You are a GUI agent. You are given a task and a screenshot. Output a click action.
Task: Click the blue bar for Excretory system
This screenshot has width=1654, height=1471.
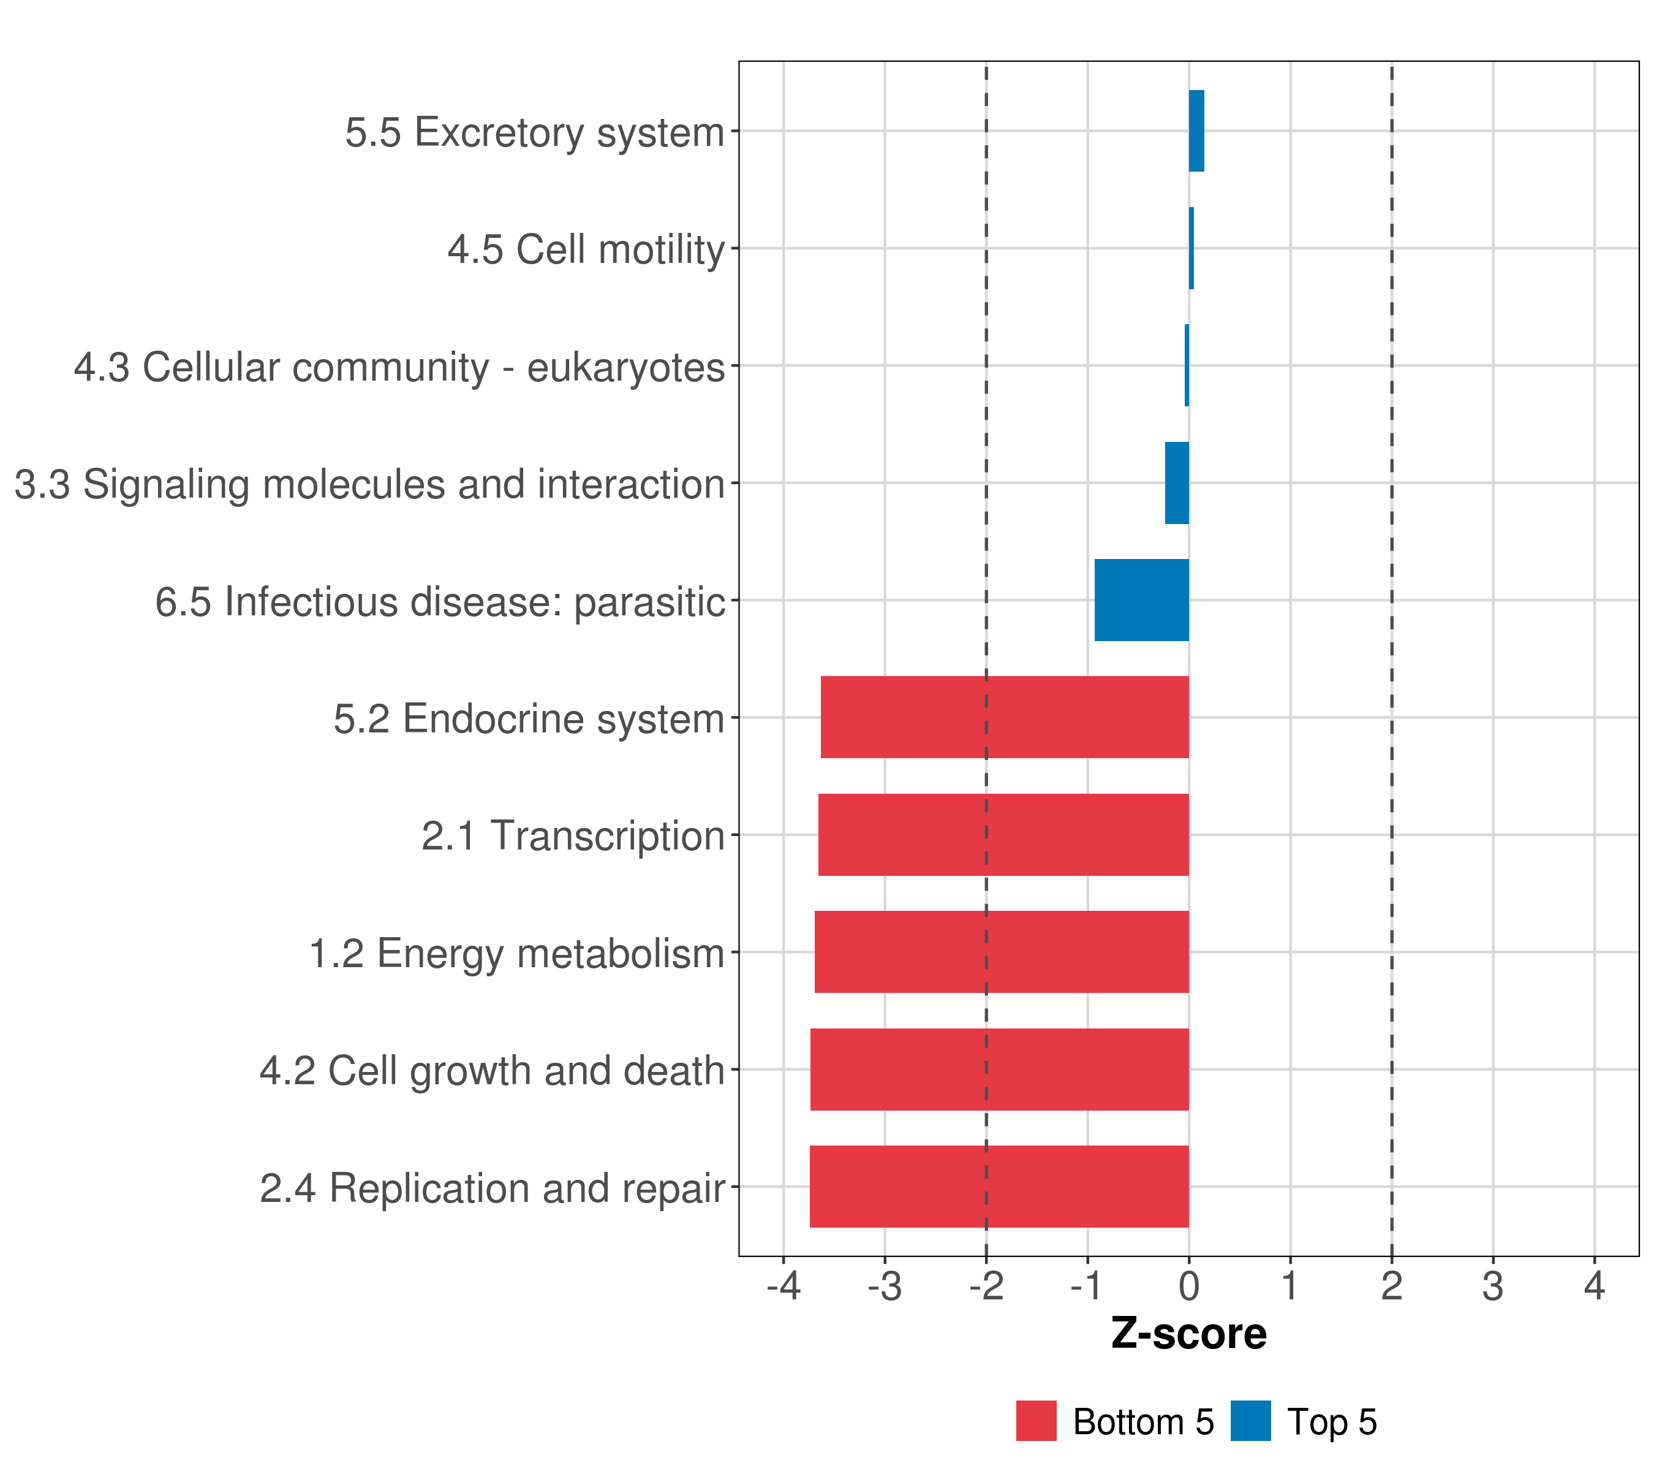click(x=1196, y=131)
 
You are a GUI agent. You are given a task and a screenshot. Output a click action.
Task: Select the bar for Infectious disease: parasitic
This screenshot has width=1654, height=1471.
click(x=1141, y=600)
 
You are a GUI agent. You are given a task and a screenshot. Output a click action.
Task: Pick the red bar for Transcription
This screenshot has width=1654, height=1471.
click(x=1003, y=835)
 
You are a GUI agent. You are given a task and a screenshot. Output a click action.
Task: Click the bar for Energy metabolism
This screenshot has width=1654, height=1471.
click(x=1002, y=952)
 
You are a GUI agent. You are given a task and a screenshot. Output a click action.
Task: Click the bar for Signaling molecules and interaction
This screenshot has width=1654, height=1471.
click(x=1177, y=484)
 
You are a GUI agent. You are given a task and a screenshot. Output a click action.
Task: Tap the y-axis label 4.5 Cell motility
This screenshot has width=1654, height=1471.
click(x=586, y=249)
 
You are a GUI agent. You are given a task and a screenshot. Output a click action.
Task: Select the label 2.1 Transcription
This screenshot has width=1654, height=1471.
click(x=573, y=836)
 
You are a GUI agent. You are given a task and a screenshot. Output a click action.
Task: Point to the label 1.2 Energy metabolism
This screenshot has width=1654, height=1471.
click(x=516, y=954)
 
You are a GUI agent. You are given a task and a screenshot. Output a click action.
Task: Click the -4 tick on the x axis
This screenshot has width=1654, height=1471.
click(x=784, y=1287)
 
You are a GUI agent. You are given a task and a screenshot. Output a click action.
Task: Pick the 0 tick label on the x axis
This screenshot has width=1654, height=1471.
click(x=1188, y=1287)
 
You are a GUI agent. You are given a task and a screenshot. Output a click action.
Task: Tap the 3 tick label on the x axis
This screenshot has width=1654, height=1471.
click(x=1493, y=1287)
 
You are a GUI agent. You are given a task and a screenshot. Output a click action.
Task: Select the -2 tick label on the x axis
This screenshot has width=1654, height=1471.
click(x=986, y=1287)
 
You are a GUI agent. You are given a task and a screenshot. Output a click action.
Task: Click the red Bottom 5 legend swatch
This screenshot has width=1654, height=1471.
click(x=1037, y=1421)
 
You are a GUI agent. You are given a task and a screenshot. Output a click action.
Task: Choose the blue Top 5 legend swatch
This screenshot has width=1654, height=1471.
click(x=1251, y=1421)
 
